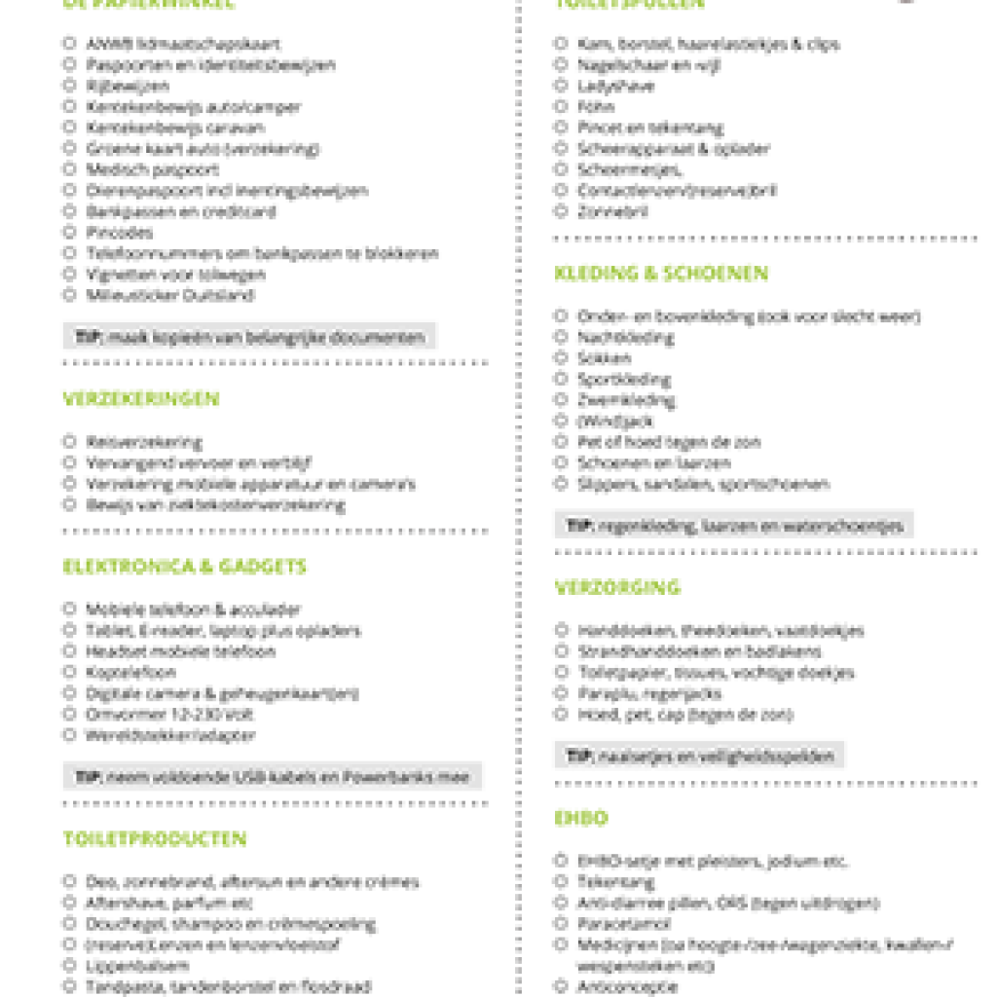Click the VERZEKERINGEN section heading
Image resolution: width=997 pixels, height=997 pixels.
tap(141, 399)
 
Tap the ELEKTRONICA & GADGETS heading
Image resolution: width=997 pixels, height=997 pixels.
tap(185, 567)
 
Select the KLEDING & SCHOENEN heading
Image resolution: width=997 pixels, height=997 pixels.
tap(661, 274)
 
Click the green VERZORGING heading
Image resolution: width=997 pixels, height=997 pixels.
tap(617, 588)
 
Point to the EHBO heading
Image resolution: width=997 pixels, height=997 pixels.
tap(581, 818)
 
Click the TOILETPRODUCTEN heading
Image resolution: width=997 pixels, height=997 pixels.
tap(155, 839)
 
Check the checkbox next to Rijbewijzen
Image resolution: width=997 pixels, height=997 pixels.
tap(69, 86)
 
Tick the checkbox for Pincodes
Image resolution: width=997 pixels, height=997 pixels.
tap(69, 232)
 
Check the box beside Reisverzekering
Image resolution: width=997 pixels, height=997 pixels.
tap(69, 441)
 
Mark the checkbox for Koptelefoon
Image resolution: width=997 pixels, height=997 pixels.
tap(69, 672)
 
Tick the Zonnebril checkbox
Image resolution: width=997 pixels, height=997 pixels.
tap(561, 211)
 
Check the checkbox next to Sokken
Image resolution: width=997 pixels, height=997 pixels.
tap(561, 357)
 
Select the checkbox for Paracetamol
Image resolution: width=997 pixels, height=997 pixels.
tap(561, 923)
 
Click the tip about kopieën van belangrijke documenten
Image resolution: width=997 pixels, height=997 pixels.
tap(250, 338)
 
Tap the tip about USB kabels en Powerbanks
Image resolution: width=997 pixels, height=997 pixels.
tap(273, 777)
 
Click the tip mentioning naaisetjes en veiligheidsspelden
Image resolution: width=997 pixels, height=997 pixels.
tap(700, 756)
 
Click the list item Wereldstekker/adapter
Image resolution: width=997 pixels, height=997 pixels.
tap(170, 735)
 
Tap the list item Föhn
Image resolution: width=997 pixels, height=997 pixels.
tap(596, 107)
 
